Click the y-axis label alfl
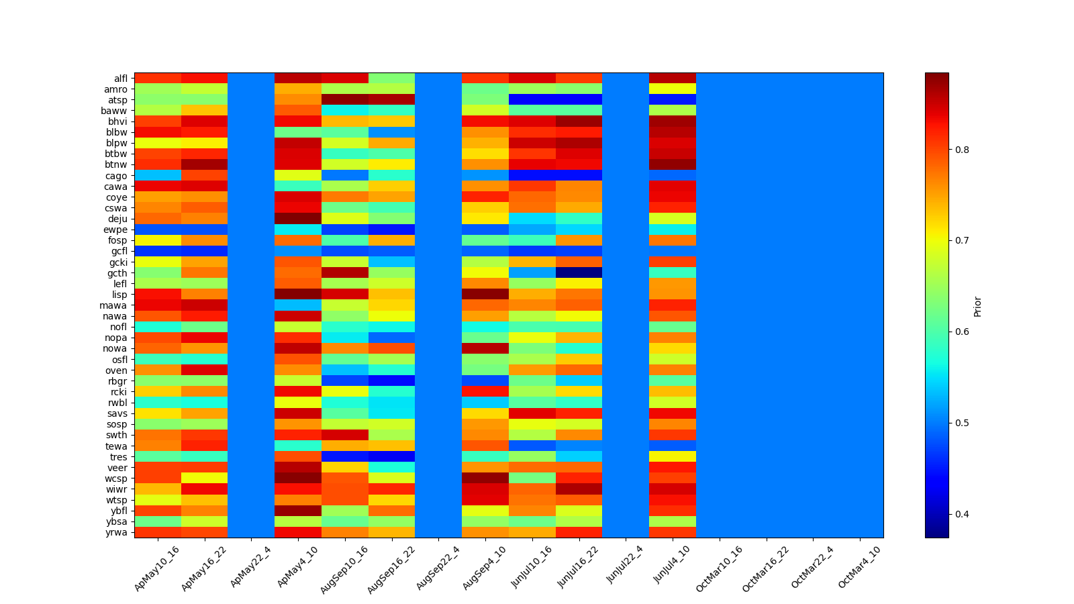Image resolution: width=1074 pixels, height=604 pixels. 120,79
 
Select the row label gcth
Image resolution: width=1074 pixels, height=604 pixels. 117,273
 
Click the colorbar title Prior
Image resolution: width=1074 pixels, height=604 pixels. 977,306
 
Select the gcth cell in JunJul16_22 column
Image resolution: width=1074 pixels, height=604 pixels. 579,273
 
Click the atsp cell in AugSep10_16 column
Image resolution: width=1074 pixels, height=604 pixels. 344,100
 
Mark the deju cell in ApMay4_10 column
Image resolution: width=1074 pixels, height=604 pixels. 297,219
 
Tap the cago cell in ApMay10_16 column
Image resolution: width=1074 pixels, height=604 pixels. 157,176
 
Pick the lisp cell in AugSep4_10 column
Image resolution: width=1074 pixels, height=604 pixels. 485,295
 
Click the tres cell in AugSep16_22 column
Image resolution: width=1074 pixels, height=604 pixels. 391,457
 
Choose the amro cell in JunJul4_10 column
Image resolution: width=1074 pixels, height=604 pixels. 672,89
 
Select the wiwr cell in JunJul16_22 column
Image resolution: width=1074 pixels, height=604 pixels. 579,489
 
